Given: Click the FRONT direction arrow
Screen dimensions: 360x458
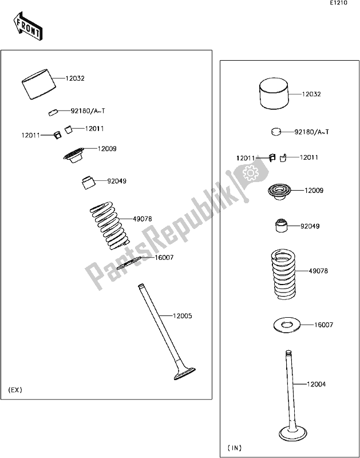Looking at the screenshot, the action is coord(27,26).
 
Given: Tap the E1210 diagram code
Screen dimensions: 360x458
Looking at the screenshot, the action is coord(338,3).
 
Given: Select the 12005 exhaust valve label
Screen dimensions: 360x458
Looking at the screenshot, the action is coord(183,316).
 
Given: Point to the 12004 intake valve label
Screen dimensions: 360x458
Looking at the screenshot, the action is coord(316,384).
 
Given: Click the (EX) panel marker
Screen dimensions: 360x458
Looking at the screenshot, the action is coord(15,390).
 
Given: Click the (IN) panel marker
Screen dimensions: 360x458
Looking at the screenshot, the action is coord(235,448).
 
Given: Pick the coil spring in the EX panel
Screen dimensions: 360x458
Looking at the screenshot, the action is coord(109,226).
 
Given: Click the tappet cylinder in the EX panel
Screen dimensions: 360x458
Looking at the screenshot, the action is coord(39,84).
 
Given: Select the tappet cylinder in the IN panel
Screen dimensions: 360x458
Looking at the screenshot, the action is coord(274,93).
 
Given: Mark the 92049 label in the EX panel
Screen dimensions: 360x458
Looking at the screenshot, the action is coord(117,181).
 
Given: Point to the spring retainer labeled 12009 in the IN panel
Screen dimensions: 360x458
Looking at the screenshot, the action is coord(279,192).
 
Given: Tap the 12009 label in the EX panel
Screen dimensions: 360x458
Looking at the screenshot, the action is coord(107,149).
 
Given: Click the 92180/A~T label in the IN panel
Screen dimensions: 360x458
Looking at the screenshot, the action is coord(311,132).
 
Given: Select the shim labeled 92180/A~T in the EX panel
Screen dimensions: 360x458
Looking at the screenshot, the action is coord(53,112).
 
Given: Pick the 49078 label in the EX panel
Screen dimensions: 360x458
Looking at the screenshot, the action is coord(143,219).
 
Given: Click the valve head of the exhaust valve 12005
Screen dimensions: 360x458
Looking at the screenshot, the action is coord(184,374).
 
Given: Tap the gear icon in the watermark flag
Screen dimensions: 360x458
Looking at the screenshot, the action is coord(251,173).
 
